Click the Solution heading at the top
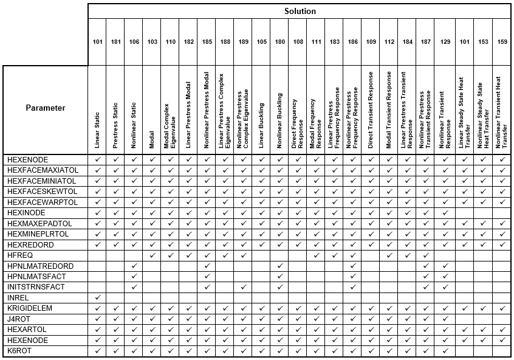pos(300,11)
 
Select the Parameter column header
pos(46,108)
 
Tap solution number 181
pos(116,41)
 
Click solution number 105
pos(261,41)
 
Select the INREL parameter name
pos(18,298)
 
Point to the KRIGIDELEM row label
pos(30,308)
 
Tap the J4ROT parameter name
pos(18,319)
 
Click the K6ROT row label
pos(19,351)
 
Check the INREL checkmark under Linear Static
pos(98,298)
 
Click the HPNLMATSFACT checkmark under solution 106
pos(134,277)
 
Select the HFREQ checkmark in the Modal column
pos(152,255)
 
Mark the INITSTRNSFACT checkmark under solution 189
pos(243,287)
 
